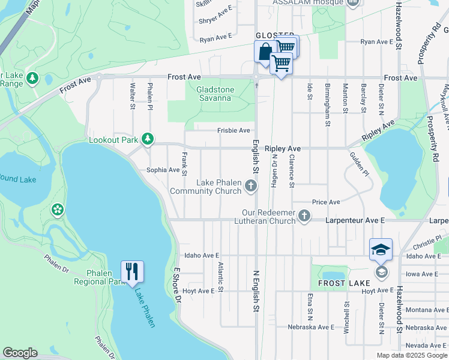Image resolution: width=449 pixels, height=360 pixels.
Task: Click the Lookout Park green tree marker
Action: (x=148, y=140)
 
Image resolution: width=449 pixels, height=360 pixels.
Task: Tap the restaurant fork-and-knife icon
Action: (x=132, y=271)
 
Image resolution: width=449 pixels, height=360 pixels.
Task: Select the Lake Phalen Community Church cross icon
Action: (x=252, y=187)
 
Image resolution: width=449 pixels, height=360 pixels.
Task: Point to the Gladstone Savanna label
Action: (x=214, y=94)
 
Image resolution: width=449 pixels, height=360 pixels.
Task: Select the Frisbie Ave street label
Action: (x=234, y=130)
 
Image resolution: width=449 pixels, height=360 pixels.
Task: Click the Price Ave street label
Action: (x=325, y=202)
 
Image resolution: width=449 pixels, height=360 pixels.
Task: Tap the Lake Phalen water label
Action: (x=145, y=308)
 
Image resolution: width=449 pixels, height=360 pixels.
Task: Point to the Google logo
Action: (x=20, y=353)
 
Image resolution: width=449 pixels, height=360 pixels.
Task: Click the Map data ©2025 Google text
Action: (x=412, y=355)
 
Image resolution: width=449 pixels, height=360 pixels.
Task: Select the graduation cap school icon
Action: (x=381, y=249)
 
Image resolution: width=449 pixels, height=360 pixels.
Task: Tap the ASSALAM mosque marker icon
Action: (x=352, y=3)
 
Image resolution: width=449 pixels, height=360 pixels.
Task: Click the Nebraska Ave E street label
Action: (x=310, y=327)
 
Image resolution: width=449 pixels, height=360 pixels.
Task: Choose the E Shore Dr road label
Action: (x=177, y=285)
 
